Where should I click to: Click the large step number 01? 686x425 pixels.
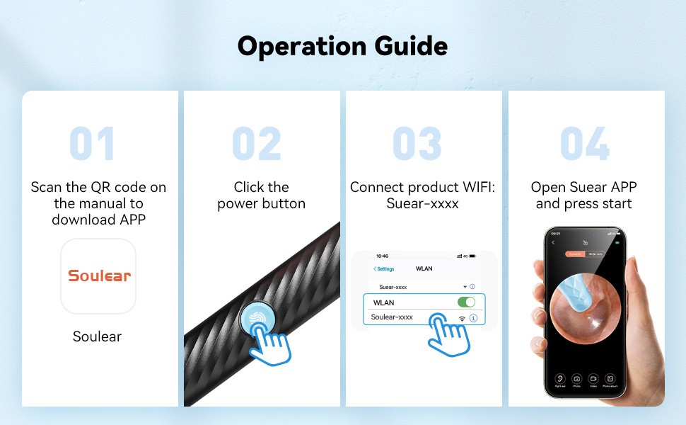(92, 144)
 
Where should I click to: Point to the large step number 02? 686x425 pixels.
(256, 144)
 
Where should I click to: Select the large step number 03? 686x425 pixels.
(417, 144)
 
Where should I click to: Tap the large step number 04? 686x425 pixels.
(584, 144)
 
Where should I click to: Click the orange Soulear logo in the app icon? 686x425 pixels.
(99, 276)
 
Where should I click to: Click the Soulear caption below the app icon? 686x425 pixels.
(98, 336)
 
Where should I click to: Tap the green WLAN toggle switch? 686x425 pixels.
(466, 302)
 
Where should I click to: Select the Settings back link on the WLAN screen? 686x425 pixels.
(384, 269)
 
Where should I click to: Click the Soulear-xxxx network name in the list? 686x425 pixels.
(392, 317)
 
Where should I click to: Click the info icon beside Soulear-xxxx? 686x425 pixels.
(473, 319)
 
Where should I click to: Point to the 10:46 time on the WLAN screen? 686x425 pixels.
(383, 256)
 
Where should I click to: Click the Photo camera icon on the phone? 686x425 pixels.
(576, 379)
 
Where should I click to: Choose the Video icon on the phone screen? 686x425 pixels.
(593, 379)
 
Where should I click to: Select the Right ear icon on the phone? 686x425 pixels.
(559, 379)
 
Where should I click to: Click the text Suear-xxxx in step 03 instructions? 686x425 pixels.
(422, 204)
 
